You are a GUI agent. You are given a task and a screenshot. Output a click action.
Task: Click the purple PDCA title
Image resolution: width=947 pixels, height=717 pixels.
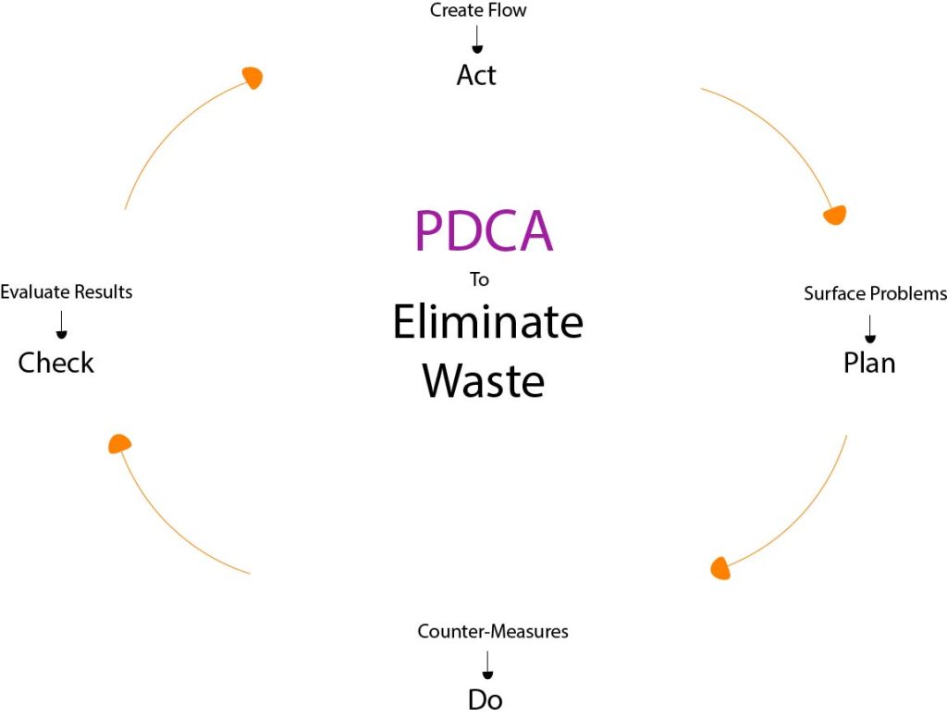484,230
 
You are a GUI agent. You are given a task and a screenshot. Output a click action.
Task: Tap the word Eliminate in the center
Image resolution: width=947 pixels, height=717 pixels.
488,321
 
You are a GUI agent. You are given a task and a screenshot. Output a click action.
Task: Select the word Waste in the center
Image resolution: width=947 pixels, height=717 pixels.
483,380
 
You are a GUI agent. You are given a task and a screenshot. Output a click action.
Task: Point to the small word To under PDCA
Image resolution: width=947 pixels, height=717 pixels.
480,279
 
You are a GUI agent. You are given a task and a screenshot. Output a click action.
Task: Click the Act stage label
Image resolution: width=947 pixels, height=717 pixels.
476,76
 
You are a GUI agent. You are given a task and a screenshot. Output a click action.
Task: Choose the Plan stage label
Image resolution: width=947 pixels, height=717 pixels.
869,363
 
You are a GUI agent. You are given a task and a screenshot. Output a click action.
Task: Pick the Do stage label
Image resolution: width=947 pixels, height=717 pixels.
485,699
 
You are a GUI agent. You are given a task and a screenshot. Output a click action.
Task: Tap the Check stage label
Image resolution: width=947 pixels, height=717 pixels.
56,363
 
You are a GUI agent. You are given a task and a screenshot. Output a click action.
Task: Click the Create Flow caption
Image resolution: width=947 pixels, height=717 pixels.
478,10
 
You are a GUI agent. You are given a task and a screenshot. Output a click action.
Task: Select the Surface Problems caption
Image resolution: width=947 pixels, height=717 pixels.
875,293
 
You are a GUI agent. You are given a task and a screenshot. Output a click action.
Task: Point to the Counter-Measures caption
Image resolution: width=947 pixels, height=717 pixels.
493,631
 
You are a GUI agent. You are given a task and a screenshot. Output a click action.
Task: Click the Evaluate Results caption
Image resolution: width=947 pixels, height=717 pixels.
67,291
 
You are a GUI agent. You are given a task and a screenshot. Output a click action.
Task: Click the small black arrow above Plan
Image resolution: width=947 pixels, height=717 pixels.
869,328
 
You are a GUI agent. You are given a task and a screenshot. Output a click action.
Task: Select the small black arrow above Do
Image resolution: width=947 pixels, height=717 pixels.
487,665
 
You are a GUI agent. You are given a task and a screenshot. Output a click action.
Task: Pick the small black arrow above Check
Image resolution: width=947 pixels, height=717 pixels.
61,325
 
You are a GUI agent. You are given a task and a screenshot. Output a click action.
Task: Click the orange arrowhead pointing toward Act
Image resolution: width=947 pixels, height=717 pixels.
253,77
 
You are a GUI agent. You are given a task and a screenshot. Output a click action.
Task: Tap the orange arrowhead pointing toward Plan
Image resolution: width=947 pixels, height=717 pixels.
836,215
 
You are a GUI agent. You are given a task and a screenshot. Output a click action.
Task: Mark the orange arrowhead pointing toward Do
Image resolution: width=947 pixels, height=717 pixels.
720,568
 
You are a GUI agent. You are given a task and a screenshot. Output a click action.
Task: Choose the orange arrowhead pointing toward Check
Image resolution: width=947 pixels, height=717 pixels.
119,443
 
